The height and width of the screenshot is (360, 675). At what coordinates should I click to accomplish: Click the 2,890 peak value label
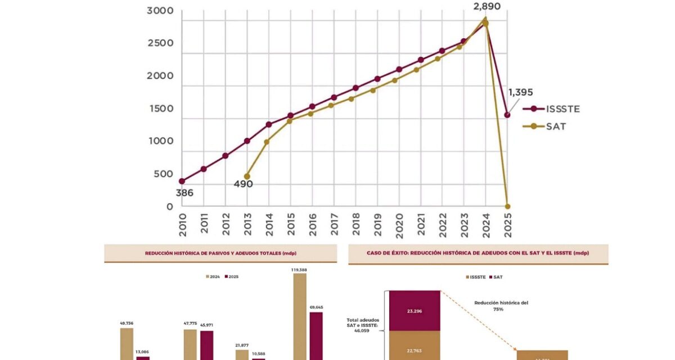point(485,7)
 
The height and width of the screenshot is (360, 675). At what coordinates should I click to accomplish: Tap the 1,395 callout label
point(520,92)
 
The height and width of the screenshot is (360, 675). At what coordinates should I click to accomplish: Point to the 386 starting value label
point(184,193)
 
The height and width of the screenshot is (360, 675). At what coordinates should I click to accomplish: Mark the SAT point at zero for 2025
point(507,206)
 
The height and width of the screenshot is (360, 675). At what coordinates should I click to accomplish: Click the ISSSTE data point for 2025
point(507,115)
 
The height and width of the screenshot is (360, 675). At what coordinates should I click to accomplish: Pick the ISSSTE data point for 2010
point(182,181)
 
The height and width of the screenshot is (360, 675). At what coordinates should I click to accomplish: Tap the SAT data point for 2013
point(247,176)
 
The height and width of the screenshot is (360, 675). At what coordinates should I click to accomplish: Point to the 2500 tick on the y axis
point(160,43)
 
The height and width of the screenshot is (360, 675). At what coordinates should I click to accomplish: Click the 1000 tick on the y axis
point(160,141)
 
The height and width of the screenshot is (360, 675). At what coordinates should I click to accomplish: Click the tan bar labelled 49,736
point(127,343)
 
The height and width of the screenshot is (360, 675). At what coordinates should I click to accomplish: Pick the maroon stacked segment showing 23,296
point(413,310)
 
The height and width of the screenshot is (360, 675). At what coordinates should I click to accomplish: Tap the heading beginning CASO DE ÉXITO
point(478,254)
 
